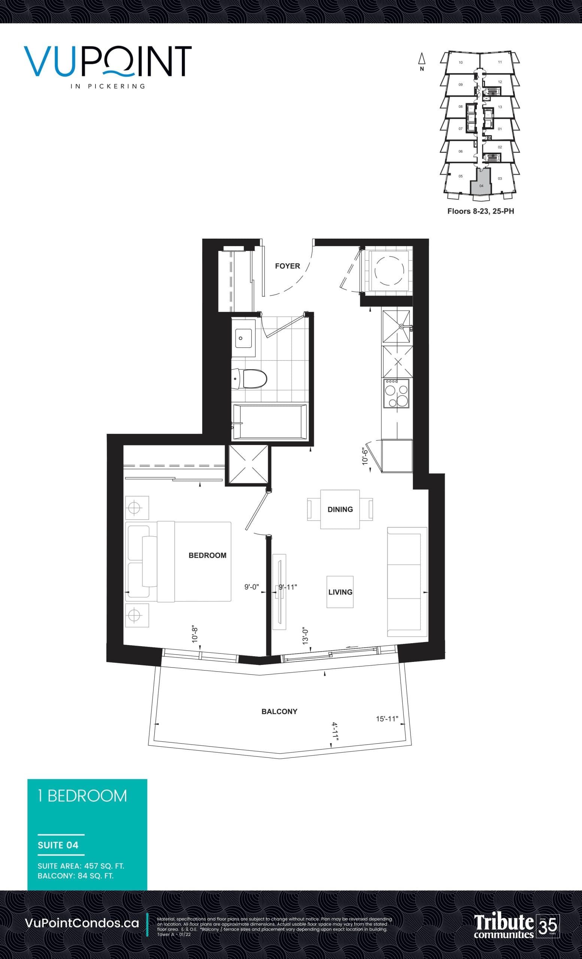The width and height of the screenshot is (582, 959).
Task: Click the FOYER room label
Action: pyautogui.click(x=287, y=266)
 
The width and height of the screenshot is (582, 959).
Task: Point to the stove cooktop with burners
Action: pyautogui.click(x=397, y=393)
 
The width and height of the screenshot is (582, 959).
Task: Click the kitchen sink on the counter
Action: pyautogui.click(x=397, y=326)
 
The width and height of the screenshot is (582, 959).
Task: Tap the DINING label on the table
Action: pyautogui.click(x=340, y=509)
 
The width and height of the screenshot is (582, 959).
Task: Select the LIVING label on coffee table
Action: pyautogui.click(x=340, y=592)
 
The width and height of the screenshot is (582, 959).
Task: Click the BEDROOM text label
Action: pyautogui.click(x=207, y=555)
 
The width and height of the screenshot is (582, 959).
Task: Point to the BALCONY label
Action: pyautogui.click(x=279, y=711)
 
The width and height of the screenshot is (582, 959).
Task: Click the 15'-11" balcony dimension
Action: pyautogui.click(x=387, y=719)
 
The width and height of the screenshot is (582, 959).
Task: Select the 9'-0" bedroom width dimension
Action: pyautogui.click(x=251, y=587)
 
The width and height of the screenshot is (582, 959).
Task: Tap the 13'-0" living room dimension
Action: pyautogui.click(x=305, y=637)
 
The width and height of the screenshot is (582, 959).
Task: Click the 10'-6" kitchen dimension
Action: pyautogui.click(x=364, y=457)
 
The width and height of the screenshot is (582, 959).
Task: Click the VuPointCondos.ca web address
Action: pyautogui.click(x=82, y=923)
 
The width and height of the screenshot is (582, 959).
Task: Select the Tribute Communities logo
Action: pyautogui.click(x=516, y=926)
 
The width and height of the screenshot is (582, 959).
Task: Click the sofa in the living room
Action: pyautogui.click(x=407, y=581)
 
